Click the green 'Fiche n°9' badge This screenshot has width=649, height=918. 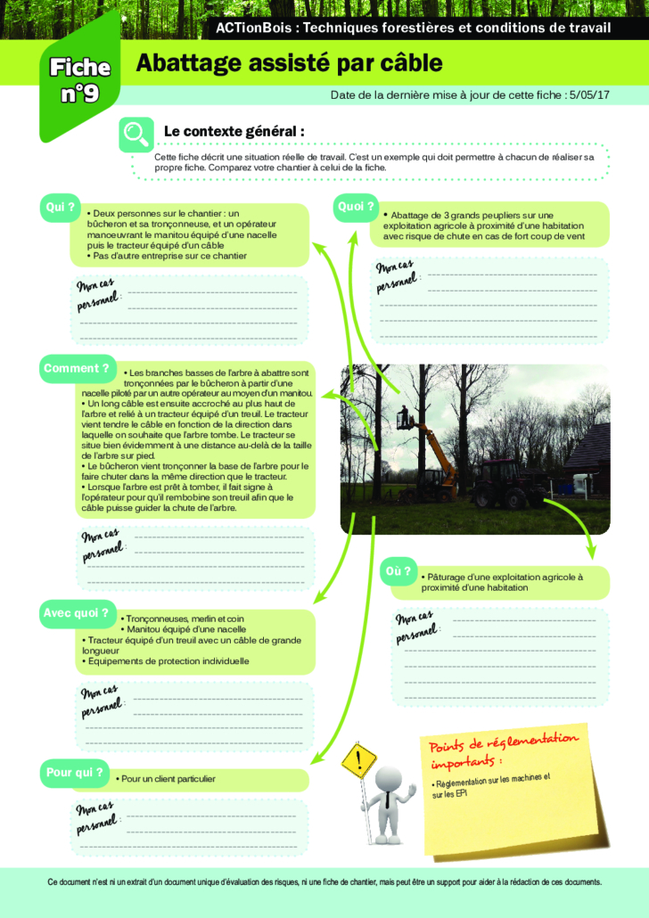(79, 79)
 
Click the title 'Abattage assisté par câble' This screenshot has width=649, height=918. (288, 63)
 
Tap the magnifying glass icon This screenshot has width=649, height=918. (136, 134)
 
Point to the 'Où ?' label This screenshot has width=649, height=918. (398, 570)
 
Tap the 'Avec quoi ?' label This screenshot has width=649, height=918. (76, 613)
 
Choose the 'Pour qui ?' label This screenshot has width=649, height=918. (74, 773)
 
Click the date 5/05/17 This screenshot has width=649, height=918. (588, 94)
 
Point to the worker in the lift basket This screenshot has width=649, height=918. (406, 415)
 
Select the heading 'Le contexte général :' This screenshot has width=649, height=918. (234, 131)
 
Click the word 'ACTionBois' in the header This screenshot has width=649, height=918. (255, 28)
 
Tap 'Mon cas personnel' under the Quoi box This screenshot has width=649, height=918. (395, 276)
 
